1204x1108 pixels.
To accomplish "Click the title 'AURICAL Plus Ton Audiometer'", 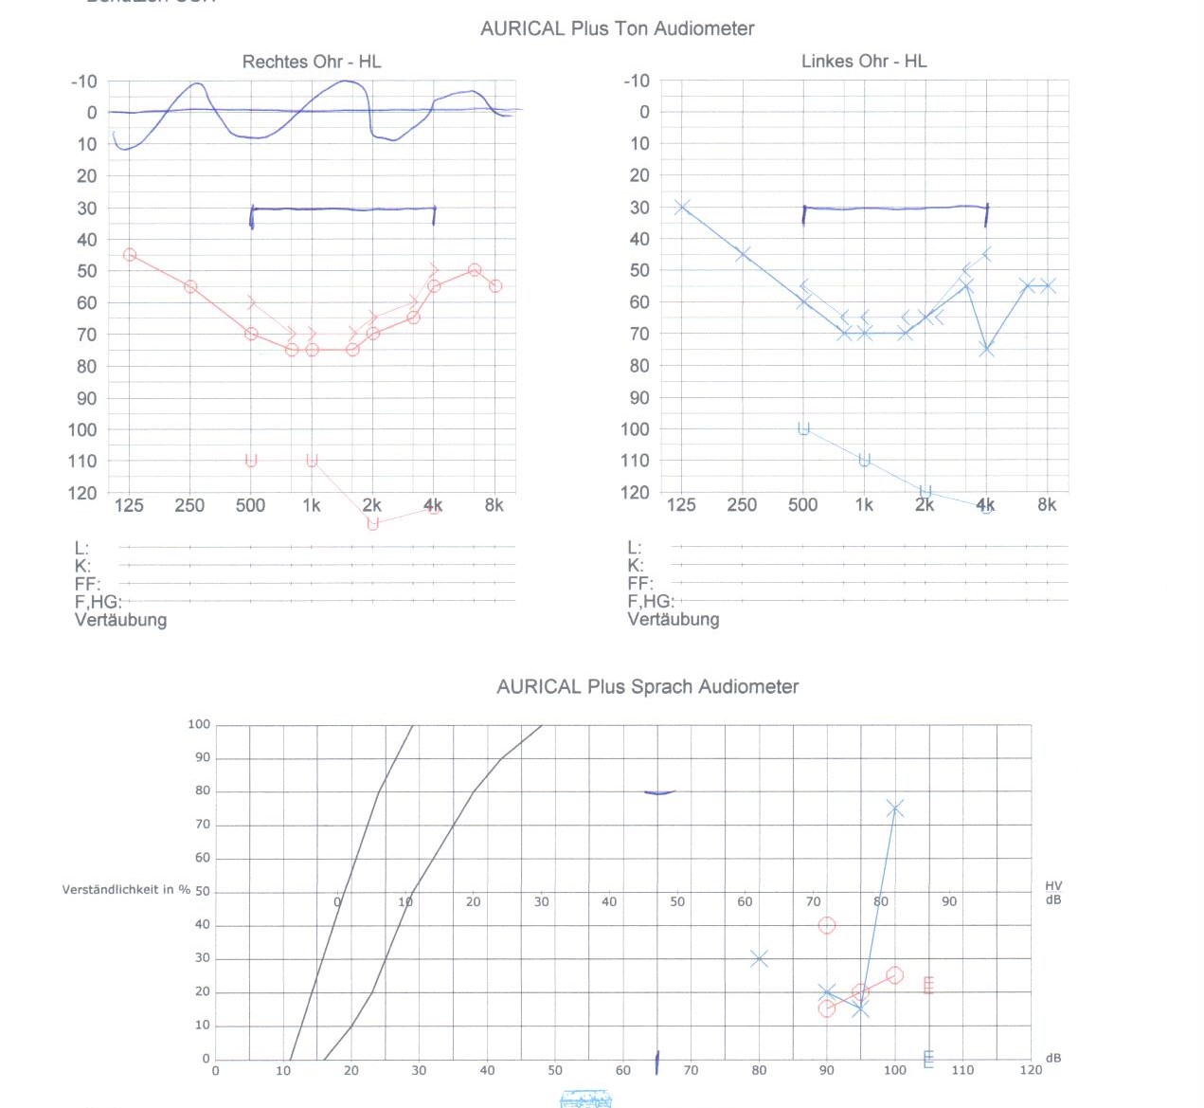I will [617, 28].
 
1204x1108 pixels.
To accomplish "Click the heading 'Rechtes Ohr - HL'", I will [311, 62].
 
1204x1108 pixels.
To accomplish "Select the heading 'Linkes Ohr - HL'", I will [863, 61].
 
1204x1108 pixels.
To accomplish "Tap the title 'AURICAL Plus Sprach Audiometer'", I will [647, 686].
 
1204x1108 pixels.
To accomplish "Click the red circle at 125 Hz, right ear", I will [130, 255].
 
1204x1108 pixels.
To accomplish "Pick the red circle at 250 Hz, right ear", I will [190, 286].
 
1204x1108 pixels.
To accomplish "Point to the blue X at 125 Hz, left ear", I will [682, 207].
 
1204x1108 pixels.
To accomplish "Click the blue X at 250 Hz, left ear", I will [743, 254].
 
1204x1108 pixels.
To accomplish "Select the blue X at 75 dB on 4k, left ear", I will [986, 349].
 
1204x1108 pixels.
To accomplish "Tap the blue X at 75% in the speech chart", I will [895, 808].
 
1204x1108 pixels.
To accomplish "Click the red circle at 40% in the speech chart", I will [827, 925].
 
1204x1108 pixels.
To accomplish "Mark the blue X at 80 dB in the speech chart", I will [759, 959].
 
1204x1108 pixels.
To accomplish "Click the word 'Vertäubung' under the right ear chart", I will [120, 620].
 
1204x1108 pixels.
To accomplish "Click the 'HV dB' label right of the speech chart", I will [1052, 893].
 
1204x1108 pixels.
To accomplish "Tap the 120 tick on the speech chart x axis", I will [1031, 1070].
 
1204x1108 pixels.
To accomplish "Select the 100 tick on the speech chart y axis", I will [199, 724].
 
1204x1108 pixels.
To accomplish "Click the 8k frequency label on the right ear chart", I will [494, 505].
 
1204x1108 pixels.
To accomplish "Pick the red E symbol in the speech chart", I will [928, 986].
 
